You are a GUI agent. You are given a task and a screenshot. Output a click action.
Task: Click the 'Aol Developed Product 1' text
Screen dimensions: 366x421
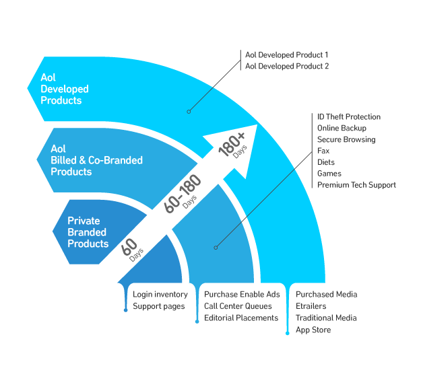click(286, 54)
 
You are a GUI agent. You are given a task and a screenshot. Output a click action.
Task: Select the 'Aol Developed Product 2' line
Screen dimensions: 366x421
click(286, 66)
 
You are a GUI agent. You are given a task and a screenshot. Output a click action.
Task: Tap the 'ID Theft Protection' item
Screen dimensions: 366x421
click(348, 117)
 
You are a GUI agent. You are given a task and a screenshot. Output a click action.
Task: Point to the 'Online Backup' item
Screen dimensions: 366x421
click(342, 129)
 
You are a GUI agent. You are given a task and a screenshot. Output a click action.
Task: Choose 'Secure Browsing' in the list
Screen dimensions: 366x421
click(346, 140)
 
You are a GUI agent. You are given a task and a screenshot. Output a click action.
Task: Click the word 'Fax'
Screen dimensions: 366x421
click(323, 151)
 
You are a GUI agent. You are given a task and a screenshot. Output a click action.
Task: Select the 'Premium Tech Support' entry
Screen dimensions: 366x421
click(356, 185)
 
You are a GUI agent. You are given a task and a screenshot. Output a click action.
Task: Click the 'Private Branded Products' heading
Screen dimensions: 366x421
click(88, 232)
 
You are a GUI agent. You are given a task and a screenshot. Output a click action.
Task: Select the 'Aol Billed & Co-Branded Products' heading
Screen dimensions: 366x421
click(96, 160)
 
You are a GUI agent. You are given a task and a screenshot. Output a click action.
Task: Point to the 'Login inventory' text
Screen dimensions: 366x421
click(160, 295)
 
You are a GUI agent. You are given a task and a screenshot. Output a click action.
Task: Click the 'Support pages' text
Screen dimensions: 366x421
click(159, 306)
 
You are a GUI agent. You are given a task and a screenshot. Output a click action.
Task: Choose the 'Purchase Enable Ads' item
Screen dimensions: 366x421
click(242, 295)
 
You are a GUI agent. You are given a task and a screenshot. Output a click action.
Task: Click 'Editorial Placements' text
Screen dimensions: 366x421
click(241, 318)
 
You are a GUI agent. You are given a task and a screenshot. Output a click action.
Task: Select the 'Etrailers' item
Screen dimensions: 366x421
click(311, 306)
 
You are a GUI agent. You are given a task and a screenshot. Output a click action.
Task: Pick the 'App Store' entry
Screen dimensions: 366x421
click(313, 330)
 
